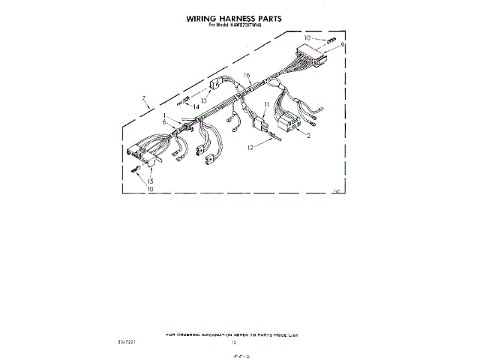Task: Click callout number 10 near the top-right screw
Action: pos(307,37)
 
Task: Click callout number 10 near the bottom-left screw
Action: pos(150,190)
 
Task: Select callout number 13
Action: pos(203,100)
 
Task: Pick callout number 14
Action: pos(196,108)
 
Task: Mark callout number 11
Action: pos(265,105)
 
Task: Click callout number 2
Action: pos(309,136)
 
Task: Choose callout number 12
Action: pos(252,148)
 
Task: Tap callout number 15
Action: pos(151,182)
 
